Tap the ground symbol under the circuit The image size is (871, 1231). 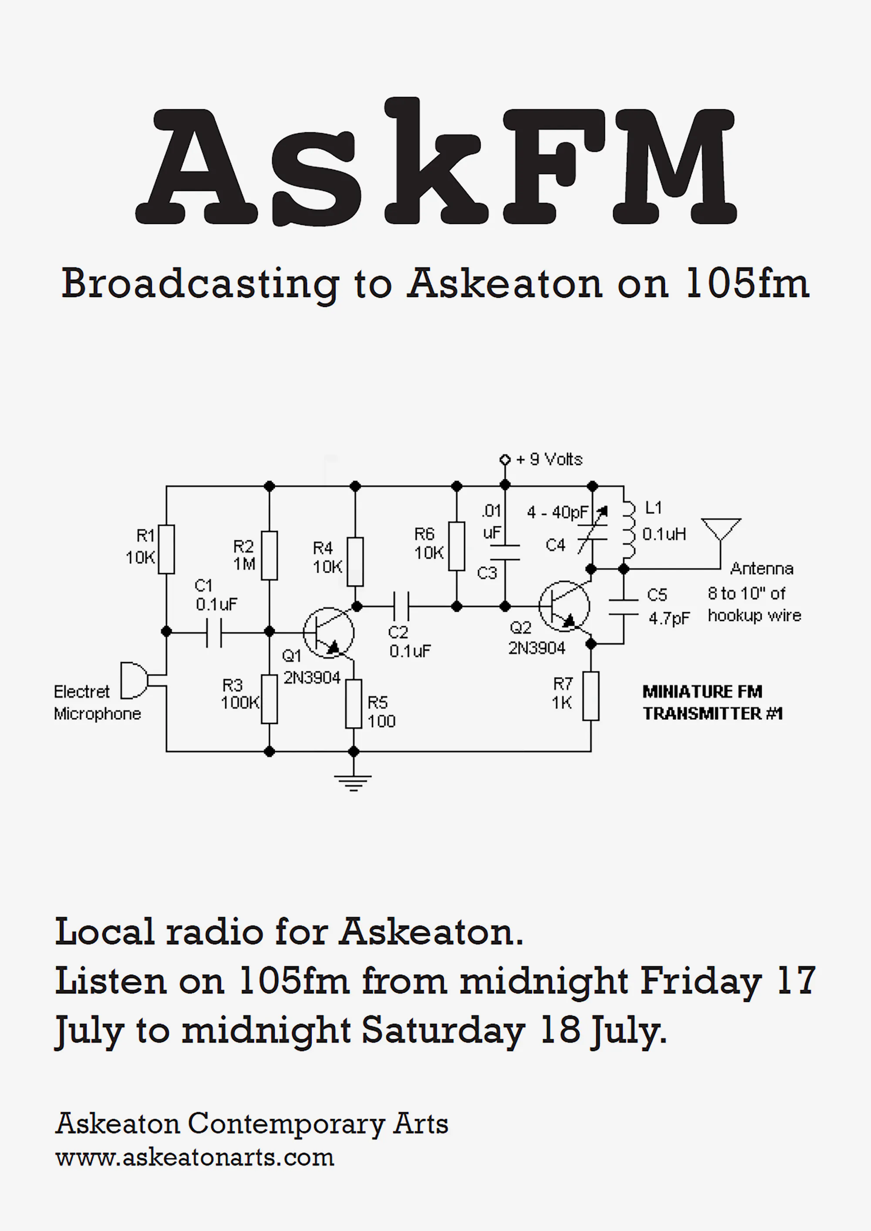(353, 782)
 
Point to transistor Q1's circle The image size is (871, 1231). (328, 633)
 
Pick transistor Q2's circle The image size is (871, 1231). (564, 606)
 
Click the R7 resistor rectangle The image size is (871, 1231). (591, 695)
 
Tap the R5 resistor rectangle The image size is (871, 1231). (354, 703)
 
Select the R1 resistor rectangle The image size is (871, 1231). (166, 549)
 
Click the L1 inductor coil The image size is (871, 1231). (628, 530)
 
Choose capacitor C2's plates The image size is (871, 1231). (401, 607)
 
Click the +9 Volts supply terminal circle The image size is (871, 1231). (505, 459)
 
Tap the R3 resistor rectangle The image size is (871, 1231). (269, 698)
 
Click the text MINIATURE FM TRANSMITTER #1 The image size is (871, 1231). (712, 702)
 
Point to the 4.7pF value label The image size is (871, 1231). (669, 618)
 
